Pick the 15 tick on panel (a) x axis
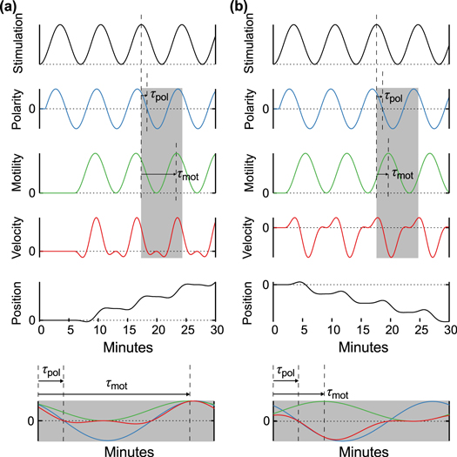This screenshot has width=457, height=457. tap(128, 332)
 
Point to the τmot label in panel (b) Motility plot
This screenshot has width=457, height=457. tap(401, 173)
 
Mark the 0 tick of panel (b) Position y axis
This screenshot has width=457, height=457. tap(265, 285)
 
